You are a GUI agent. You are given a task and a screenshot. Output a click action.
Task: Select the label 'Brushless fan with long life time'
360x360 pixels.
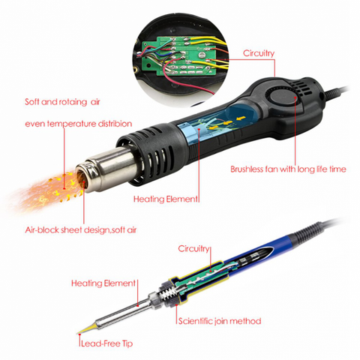[288, 169]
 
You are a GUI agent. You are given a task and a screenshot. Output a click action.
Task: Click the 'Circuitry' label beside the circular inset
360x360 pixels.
[259, 53]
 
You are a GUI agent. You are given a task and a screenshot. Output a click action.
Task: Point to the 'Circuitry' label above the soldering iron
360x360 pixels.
[193, 249]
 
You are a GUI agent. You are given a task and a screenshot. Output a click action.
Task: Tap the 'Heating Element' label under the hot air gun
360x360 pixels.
[165, 199]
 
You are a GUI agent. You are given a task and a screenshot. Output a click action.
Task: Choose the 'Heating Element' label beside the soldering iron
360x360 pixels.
[103, 283]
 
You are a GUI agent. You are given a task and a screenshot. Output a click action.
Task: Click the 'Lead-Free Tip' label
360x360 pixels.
[106, 343]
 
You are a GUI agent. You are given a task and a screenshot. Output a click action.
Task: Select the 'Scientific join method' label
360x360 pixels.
[220, 321]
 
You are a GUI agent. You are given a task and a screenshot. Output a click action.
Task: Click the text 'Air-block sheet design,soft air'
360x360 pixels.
[81, 229]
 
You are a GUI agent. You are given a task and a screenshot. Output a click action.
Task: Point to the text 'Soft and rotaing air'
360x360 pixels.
[62, 102]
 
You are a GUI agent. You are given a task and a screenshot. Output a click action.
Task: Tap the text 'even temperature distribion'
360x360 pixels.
[79, 124]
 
